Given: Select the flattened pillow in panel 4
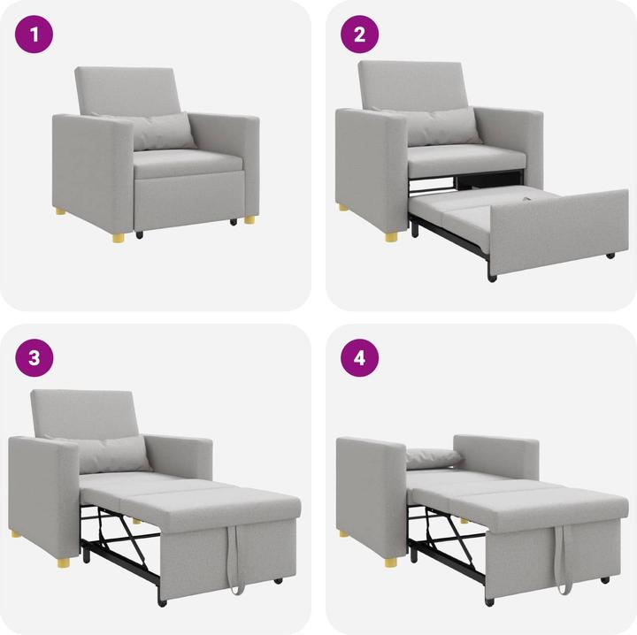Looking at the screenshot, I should tap(434, 457).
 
